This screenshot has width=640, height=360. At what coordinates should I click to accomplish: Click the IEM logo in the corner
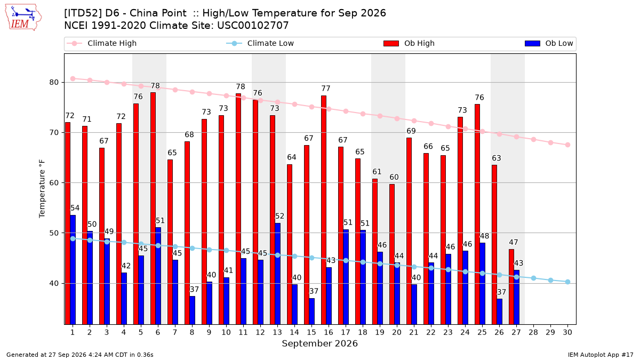23,18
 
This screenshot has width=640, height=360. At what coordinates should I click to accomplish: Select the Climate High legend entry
101,43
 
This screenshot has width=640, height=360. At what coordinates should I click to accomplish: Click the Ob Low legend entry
549,43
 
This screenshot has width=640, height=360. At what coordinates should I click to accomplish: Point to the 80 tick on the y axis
54,82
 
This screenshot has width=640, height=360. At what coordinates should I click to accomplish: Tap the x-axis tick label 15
311,332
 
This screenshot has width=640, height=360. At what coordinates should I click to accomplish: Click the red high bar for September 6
153,209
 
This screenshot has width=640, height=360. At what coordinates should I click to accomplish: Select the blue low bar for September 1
73,270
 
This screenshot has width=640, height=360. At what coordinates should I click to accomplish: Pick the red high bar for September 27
511,287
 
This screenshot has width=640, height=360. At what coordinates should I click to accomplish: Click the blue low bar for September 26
499,311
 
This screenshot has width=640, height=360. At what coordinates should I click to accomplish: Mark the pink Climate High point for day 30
567,145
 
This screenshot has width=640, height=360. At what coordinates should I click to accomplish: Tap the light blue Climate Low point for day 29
550,281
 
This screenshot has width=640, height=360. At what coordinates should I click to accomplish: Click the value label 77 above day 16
326,89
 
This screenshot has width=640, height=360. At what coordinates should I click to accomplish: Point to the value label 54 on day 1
75,208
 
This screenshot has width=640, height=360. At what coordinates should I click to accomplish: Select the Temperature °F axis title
42,189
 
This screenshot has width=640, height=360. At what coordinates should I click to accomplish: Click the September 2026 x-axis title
319,343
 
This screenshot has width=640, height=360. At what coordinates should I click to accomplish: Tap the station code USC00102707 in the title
253,26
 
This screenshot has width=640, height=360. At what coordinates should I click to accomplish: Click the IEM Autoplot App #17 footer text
601,355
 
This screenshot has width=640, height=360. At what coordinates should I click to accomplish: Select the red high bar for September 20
392,254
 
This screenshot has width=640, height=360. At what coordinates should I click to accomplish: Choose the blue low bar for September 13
278,274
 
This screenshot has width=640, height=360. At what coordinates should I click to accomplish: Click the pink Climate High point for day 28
533,139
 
